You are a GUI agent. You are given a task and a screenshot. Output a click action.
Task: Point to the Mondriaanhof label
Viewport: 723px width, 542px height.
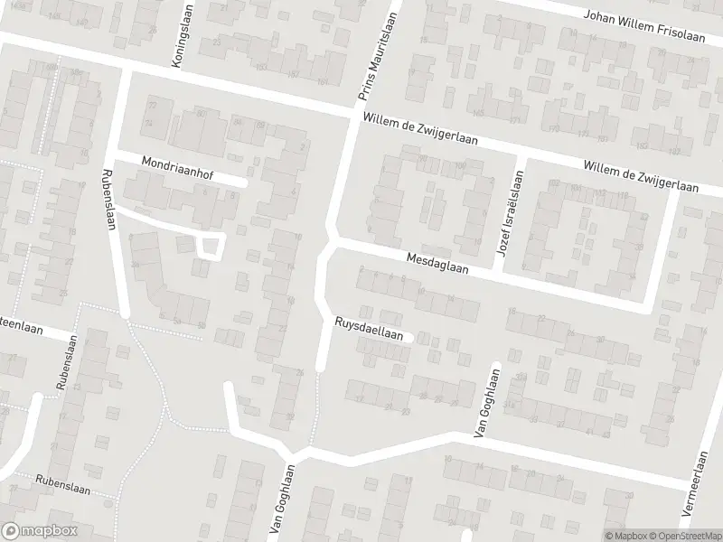coord(177,167)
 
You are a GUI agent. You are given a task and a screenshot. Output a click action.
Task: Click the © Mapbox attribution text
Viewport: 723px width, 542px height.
coord(624,536)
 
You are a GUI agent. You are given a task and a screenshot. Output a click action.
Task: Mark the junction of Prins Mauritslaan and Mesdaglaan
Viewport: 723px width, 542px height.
coord(329,244)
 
